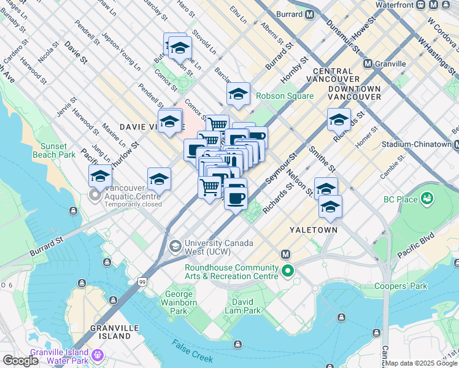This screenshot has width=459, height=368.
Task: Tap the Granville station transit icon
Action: coord(368,64)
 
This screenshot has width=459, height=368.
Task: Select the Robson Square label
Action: coord(285,96)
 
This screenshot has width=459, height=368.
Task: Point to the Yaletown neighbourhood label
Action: coord(314,229)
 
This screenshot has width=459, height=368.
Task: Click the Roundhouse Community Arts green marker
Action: coord(287,270)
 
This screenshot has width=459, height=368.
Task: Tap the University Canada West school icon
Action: coord(175,247)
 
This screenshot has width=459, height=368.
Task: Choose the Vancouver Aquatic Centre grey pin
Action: coord(94,196)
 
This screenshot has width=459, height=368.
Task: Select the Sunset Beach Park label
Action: coord(58,150)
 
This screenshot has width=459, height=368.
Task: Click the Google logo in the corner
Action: coord(20,361)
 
